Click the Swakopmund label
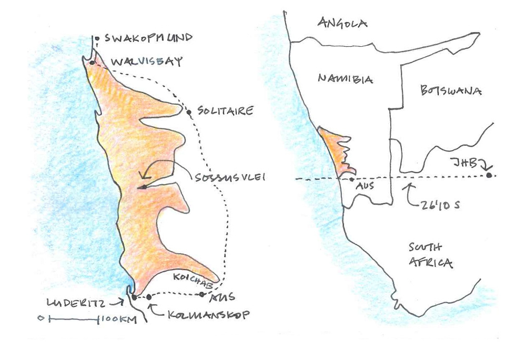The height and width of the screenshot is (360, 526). pyautogui.click(x=148, y=38)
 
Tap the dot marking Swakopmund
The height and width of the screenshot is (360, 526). pyautogui.click(x=97, y=38)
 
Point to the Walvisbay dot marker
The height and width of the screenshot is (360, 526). pyautogui.click(x=92, y=63)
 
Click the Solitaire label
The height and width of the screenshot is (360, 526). pyautogui.click(x=225, y=111)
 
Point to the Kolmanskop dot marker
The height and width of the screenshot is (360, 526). pyautogui.click(x=149, y=297)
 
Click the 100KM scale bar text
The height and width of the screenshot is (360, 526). pyautogui.click(x=117, y=319)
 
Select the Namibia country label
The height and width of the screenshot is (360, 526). pyautogui.click(x=345, y=79)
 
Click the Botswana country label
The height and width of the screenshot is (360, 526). pyautogui.click(x=451, y=91)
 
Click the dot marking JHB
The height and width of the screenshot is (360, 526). pyautogui.click(x=490, y=175)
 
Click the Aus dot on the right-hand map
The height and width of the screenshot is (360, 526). pyautogui.click(x=351, y=179)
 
